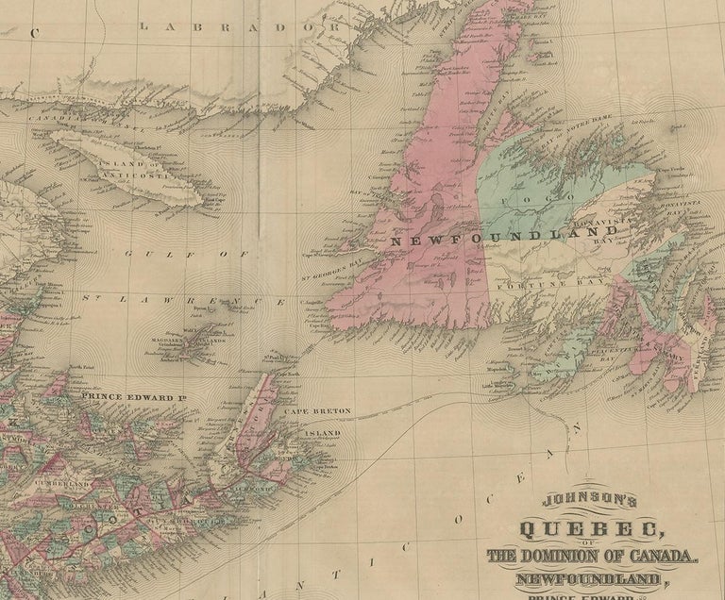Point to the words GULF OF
tap(186, 253)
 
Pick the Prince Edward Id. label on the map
tap(131, 396)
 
